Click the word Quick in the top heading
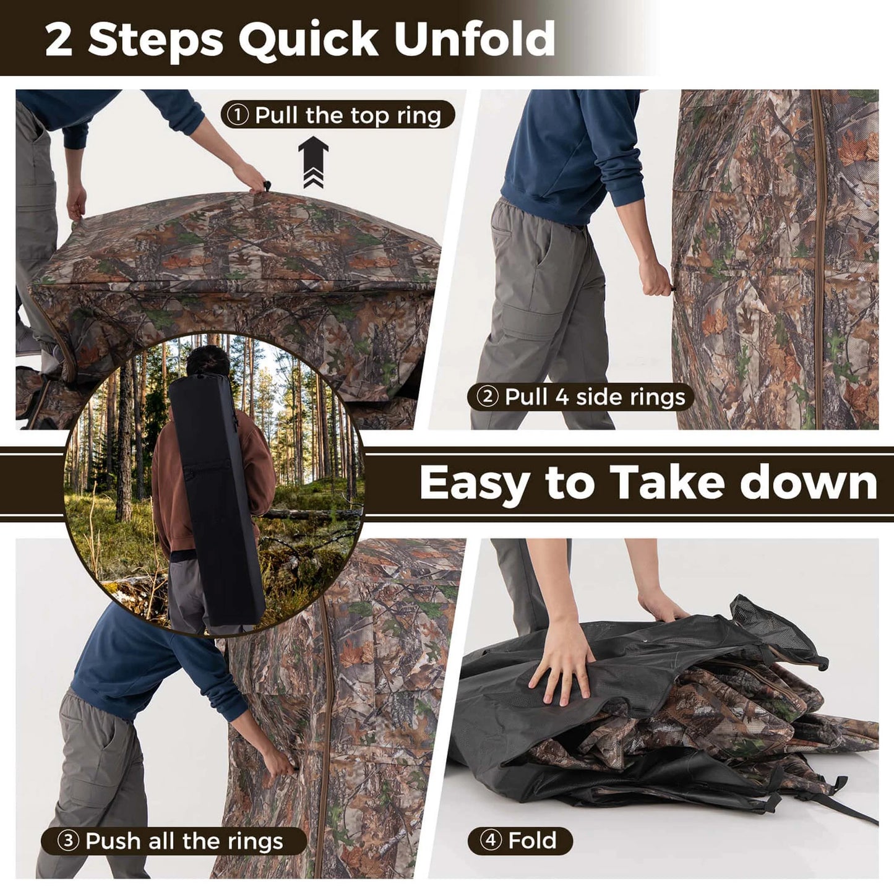(x=308, y=40)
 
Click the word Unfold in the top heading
(x=475, y=39)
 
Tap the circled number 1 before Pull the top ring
(x=238, y=115)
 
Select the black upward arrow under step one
(x=313, y=161)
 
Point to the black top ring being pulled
(x=267, y=186)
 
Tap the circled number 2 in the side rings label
(x=488, y=397)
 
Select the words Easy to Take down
(x=648, y=483)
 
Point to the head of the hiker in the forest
(x=207, y=361)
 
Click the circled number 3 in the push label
(x=68, y=841)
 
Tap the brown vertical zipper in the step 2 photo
(x=820, y=260)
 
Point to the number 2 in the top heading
(x=59, y=40)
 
